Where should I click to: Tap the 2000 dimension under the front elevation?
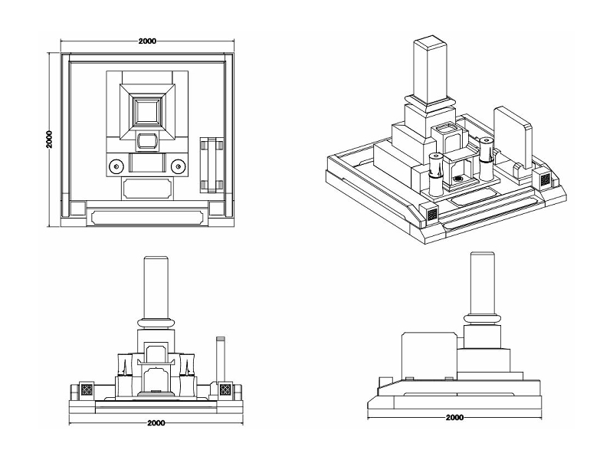pyautogui.click(x=156, y=422)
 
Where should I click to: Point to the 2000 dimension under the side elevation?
pyautogui.click(x=454, y=418)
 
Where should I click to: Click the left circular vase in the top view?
pyautogui.click(x=116, y=165)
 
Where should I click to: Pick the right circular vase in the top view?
pyautogui.click(x=179, y=165)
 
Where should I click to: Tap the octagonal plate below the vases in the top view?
pyautogui.click(x=147, y=188)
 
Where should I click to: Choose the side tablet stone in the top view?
pyautogui.click(x=211, y=164)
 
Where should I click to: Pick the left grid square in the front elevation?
pyautogui.click(x=87, y=389)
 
